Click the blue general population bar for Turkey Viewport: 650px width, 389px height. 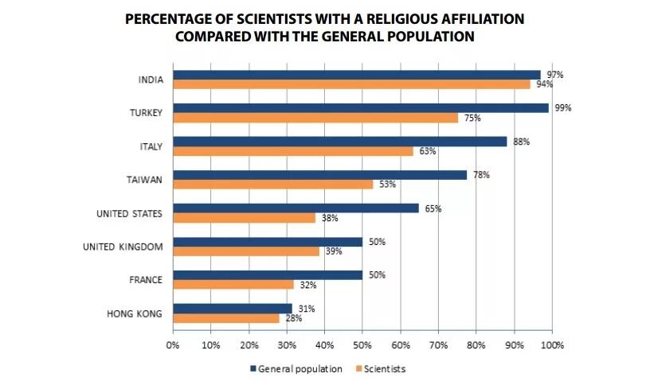[361, 108]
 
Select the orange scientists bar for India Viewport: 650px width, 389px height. [351, 84]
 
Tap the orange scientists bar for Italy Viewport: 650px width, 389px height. [293, 151]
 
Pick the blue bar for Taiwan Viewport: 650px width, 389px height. [319, 175]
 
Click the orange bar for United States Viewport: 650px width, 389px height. [245, 218]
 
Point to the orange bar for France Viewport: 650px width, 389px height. [233, 285]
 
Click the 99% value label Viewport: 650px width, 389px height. [562, 107]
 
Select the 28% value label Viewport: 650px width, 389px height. [292, 318]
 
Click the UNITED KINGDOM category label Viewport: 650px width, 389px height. [123, 247]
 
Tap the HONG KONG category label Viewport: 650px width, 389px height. [135, 313]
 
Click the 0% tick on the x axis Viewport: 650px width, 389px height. [172, 346]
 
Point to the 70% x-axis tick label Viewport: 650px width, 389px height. [438, 346]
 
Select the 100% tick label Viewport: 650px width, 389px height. [551, 346]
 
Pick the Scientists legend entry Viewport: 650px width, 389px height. [384, 369]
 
